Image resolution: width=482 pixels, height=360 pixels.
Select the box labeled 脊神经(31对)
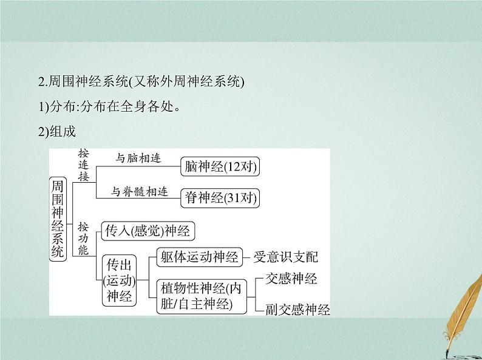tap(220, 197)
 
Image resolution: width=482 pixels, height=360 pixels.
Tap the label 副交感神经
tap(297, 310)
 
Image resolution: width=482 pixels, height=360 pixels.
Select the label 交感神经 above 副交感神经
tap(291, 279)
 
